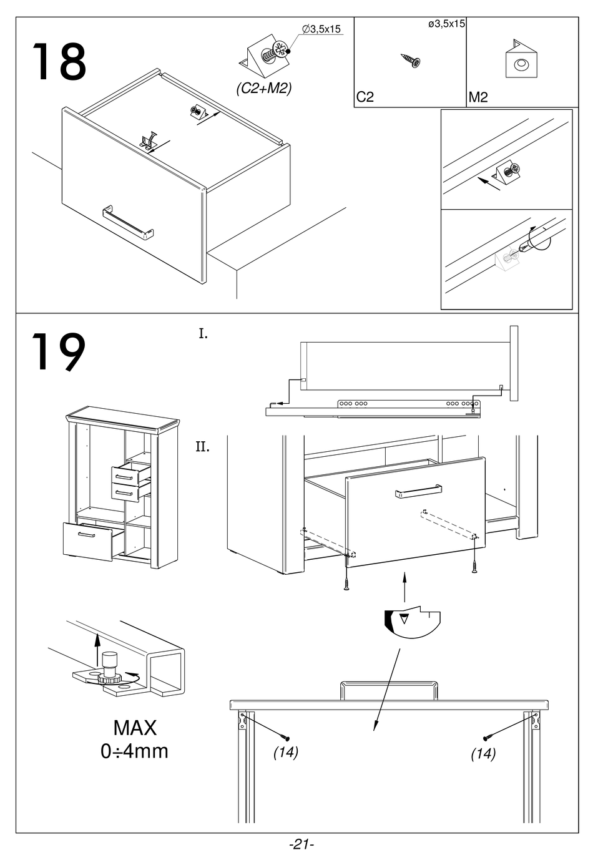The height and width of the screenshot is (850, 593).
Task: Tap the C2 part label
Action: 365,97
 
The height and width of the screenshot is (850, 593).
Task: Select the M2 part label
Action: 478,97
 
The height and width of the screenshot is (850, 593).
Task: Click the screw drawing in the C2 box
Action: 411,61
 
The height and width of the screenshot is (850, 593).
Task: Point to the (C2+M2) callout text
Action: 264,89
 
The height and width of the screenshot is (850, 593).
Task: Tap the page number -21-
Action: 301,844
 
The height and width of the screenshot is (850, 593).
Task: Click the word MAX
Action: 135,727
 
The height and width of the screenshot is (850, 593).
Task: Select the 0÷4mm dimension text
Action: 134,751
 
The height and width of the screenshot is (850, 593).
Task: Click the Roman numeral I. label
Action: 203,334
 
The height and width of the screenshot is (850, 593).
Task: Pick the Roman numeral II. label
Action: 202,447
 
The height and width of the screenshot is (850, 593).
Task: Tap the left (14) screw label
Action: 286,753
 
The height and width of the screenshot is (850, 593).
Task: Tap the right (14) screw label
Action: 483,754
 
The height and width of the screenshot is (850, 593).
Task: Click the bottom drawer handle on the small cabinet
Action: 86,535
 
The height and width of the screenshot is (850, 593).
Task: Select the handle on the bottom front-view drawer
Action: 388,690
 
